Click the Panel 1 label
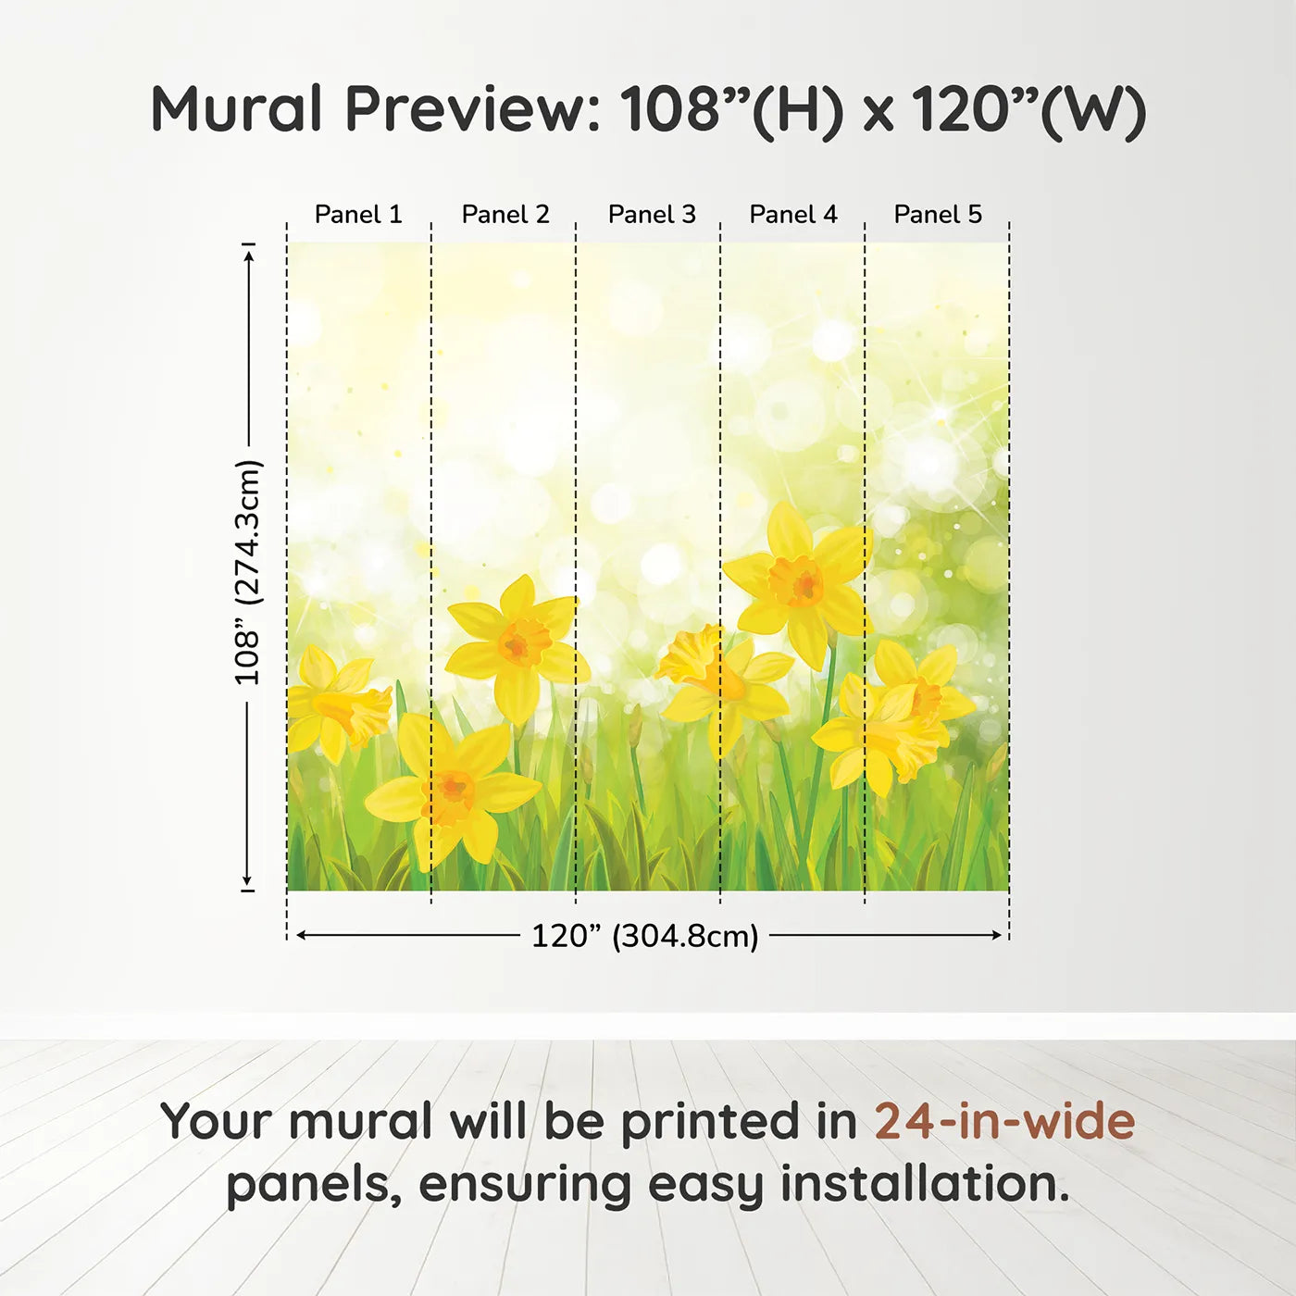point(358,215)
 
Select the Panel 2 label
point(505,215)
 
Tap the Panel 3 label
point(652,215)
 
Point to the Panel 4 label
point(793,215)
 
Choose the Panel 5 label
point(938,215)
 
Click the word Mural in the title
point(237,108)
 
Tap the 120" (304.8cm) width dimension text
point(645,936)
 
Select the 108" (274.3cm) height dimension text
point(247,572)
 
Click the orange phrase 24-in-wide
point(1004,1121)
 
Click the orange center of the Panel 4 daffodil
point(798,582)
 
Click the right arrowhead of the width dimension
point(997,936)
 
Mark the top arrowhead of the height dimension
point(249,257)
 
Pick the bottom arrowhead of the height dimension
point(247,879)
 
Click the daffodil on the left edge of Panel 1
point(336,703)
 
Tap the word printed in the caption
point(739,1121)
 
